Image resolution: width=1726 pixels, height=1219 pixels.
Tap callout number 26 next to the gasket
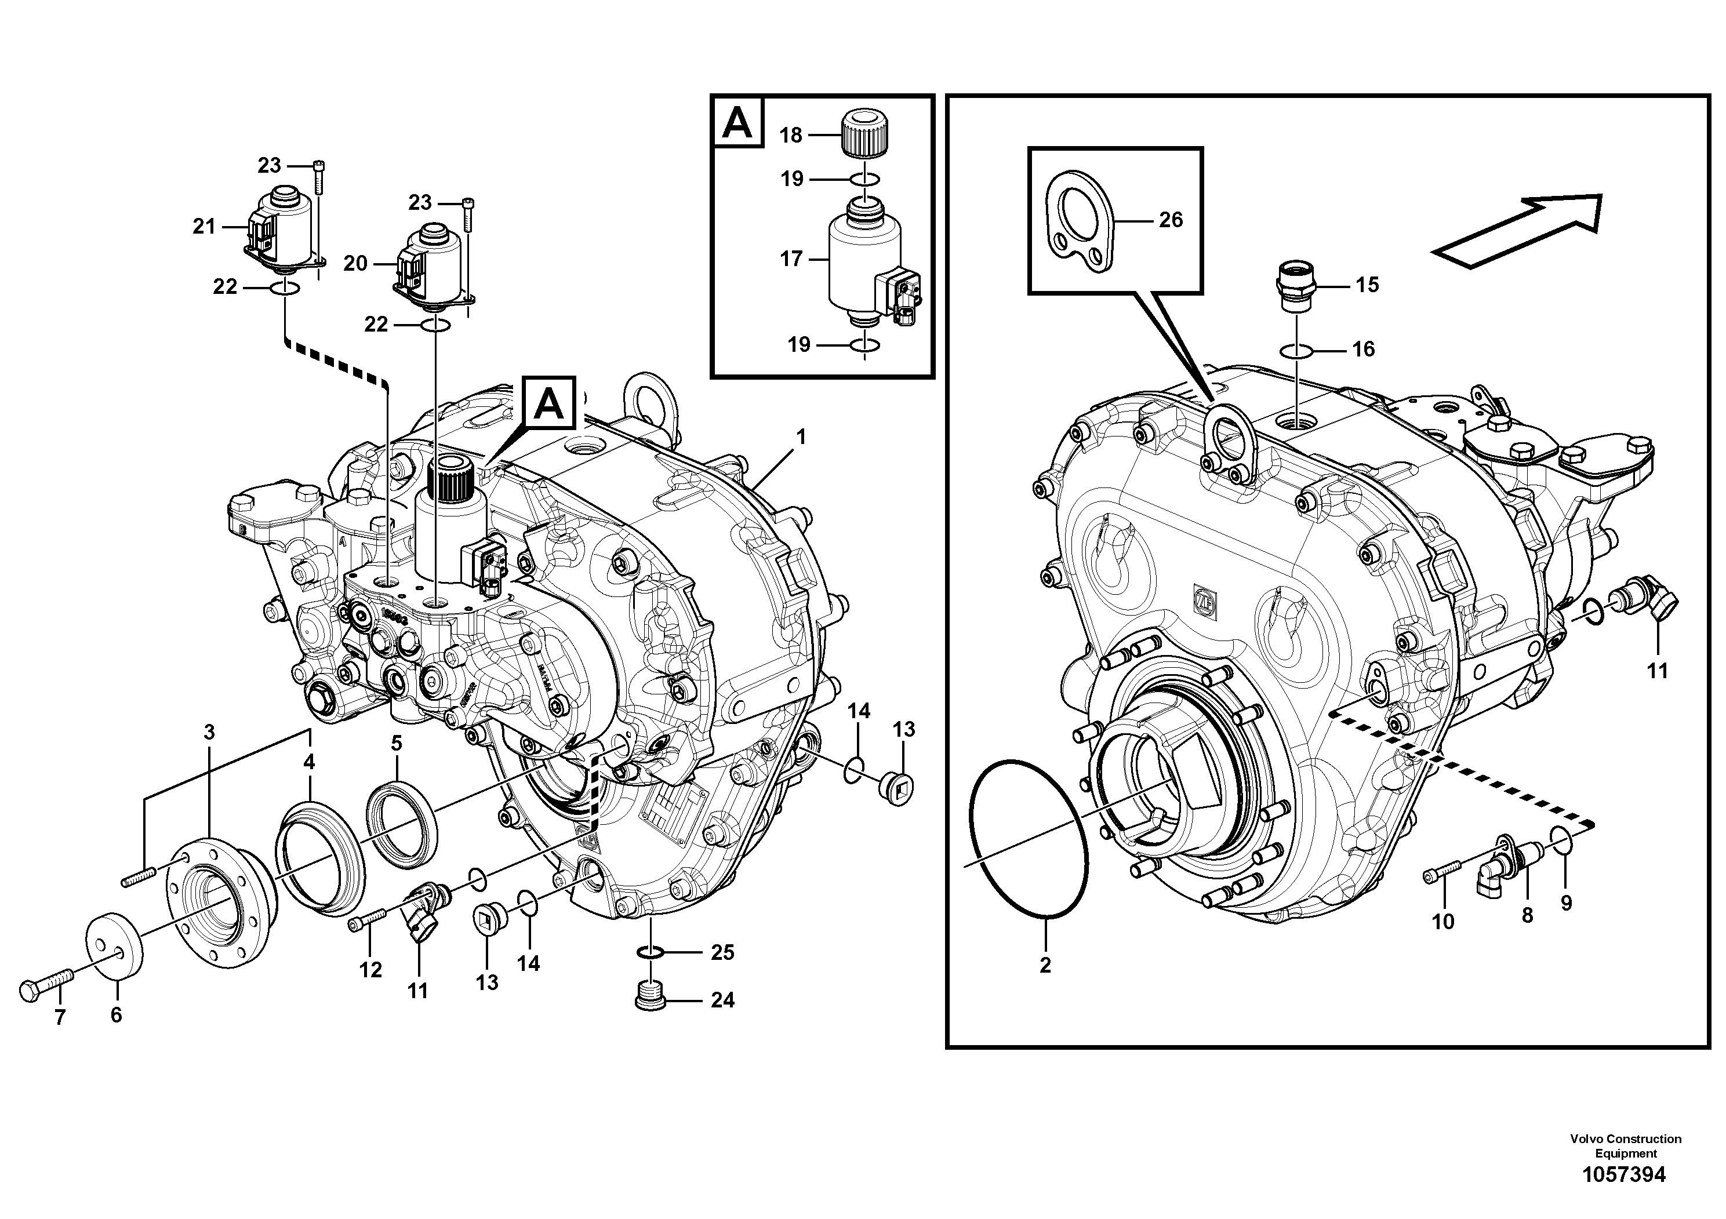pyautogui.click(x=1171, y=220)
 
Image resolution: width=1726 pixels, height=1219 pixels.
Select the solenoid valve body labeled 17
pyautogui.click(x=864, y=259)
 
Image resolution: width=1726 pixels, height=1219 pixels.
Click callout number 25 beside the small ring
pyautogui.click(x=722, y=952)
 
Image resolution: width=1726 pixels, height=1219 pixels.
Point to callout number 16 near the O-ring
pyautogui.click(x=1363, y=349)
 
